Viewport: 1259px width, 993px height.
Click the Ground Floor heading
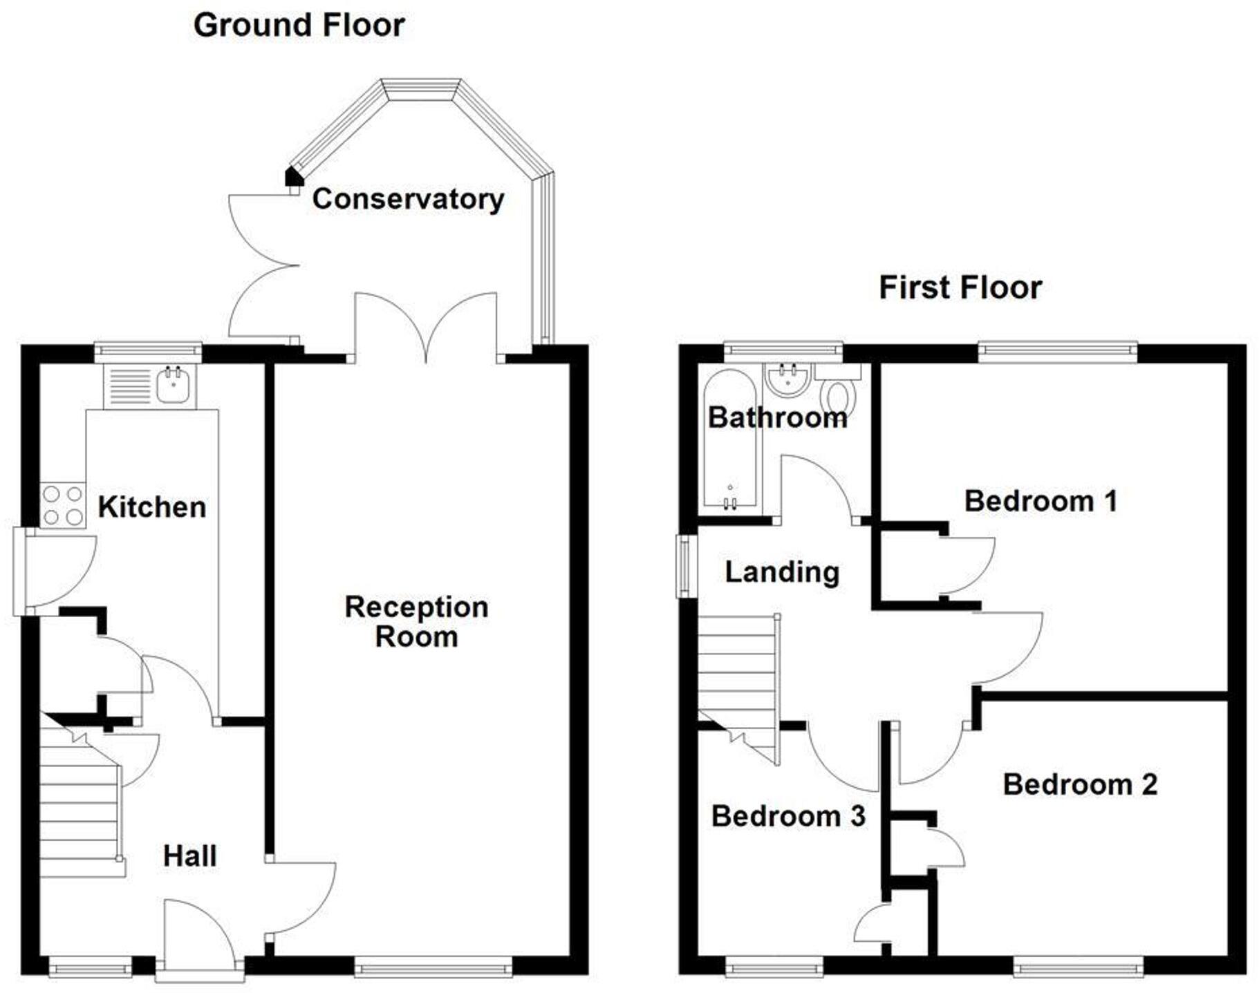pos(299,26)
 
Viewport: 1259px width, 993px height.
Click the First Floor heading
pos(960,287)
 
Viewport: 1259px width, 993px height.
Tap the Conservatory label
pos(408,199)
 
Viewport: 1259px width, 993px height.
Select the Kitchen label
pos(151,507)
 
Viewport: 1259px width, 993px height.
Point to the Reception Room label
pos(416,622)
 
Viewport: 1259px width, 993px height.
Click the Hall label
pos(189,856)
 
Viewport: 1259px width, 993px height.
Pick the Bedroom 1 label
pos(1040,501)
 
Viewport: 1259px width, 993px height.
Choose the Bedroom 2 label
pos(1079,784)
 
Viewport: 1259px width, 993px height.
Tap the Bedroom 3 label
pos(787,816)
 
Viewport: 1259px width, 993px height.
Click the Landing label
pos(782,572)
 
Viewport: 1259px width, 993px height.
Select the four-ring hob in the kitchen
pos(63,505)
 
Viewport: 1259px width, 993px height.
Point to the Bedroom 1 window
pos(1057,352)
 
